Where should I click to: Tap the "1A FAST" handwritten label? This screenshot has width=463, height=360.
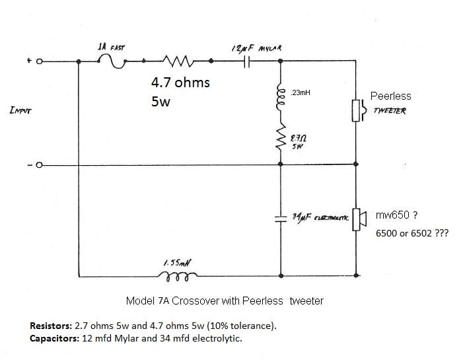111,48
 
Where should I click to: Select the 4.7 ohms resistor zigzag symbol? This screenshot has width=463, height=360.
178,61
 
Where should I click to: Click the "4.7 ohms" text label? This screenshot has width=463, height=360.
180,83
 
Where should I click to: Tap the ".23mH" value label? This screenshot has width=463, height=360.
301,93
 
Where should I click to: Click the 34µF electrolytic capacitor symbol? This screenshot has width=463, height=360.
282,219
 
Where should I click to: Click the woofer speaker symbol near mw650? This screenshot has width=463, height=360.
358,219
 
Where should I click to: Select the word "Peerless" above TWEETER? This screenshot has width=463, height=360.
390,96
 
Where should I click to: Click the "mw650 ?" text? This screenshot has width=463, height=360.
396,215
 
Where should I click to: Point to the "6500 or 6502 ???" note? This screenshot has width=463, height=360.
411,233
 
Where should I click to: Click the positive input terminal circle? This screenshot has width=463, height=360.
39,61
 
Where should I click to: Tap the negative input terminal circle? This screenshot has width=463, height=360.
39,164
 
